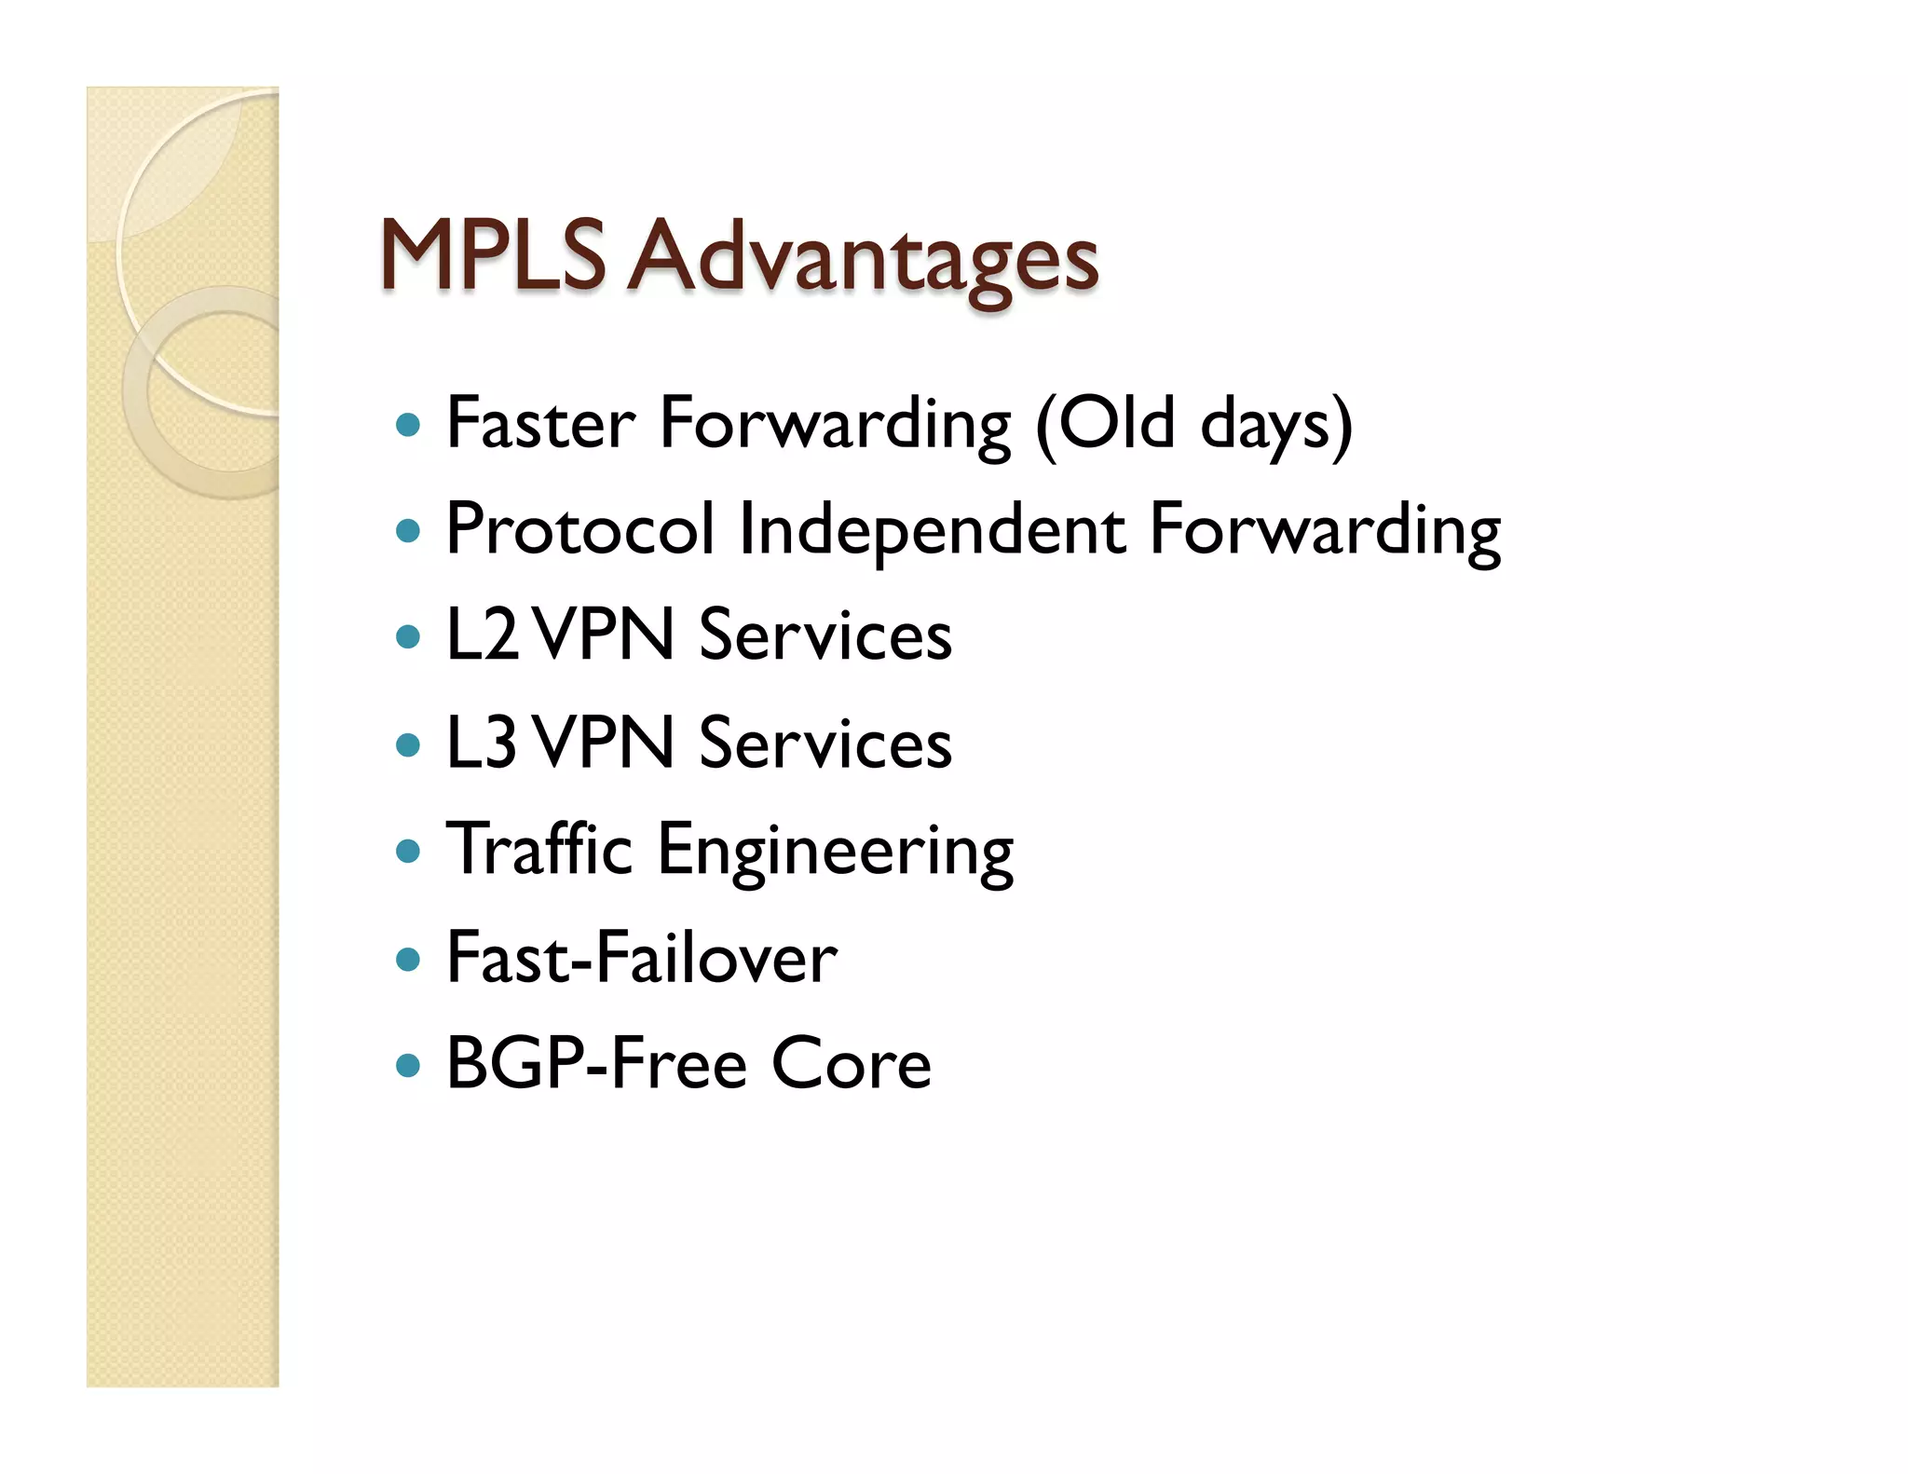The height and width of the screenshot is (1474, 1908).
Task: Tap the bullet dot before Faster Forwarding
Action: (x=408, y=427)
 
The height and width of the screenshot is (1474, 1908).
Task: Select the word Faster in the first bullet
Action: (x=540, y=424)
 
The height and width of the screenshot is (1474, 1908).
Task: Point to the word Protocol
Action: (x=579, y=529)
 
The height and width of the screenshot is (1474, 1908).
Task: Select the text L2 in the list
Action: (x=482, y=635)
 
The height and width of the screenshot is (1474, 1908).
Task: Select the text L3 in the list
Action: (x=482, y=743)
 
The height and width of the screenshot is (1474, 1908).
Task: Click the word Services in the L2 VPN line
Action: (x=825, y=635)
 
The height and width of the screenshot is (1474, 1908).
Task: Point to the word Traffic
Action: (x=539, y=849)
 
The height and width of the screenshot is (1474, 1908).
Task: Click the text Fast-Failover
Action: (x=642, y=958)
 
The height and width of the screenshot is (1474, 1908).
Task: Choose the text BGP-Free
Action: (x=596, y=1063)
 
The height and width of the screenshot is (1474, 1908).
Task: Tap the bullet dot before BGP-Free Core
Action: (x=408, y=1065)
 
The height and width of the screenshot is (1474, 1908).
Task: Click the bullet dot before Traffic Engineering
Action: (x=408, y=851)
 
